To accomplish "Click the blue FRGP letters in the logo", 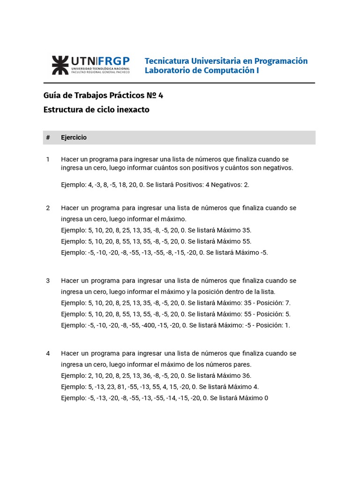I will tap(114, 61).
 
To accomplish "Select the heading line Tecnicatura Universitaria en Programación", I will tap(226, 61).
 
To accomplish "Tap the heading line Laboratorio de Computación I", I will tap(202, 71).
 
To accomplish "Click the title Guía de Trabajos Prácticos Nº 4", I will tap(103, 96).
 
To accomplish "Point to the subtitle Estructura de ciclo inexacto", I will tap(97, 110).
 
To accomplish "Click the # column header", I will tap(48, 138).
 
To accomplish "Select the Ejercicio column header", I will tap(74, 138).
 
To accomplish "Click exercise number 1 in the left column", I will tap(48, 159).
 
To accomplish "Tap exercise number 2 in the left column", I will tap(48, 208).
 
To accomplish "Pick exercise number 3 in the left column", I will tap(48, 280).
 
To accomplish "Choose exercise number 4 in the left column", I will tap(48, 353).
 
